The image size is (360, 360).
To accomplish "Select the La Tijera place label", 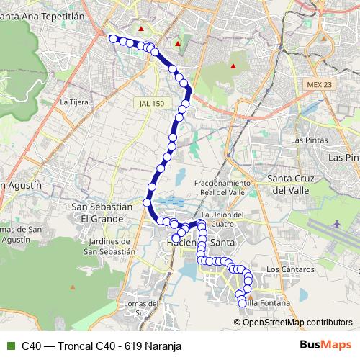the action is click(x=74, y=102).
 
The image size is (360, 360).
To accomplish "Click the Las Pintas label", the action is click(x=305, y=139).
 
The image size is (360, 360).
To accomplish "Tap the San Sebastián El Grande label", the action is click(x=102, y=212).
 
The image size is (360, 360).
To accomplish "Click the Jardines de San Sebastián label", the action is click(x=109, y=246).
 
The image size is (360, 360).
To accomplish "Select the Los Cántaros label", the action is click(x=291, y=269).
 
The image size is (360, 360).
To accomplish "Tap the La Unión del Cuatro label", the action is click(x=222, y=219).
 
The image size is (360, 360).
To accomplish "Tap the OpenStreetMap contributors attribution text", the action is click(x=297, y=323).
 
